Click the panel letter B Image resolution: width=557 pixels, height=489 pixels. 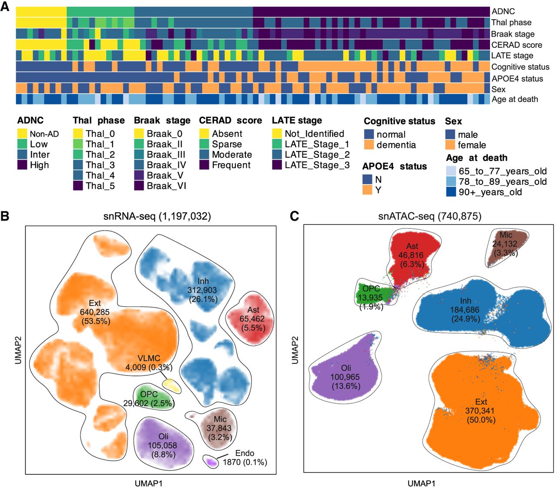click(x=5, y=216)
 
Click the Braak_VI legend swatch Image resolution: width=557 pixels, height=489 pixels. click(x=139, y=186)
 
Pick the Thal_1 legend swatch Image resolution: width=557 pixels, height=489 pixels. click(x=78, y=144)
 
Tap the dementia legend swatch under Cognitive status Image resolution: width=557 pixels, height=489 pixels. click(x=369, y=145)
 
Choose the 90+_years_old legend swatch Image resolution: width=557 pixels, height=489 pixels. click(x=451, y=192)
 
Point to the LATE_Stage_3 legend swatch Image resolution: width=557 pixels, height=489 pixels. click(x=277, y=165)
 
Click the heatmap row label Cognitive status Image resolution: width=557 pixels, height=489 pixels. click(x=520, y=67)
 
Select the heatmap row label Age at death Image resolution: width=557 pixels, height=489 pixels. click(x=514, y=99)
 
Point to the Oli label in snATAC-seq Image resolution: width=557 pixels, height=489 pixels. click(x=346, y=368)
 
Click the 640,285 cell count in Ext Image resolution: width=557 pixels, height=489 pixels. click(x=94, y=312)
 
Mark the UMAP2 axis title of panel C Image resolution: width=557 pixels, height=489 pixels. click(x=295, y=348)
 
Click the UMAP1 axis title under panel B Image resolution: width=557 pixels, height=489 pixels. click(x=148, y=483)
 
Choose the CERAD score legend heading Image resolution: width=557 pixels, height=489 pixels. click(x=230, y=121)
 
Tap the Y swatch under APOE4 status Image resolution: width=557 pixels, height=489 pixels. click(x=367, y=190)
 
